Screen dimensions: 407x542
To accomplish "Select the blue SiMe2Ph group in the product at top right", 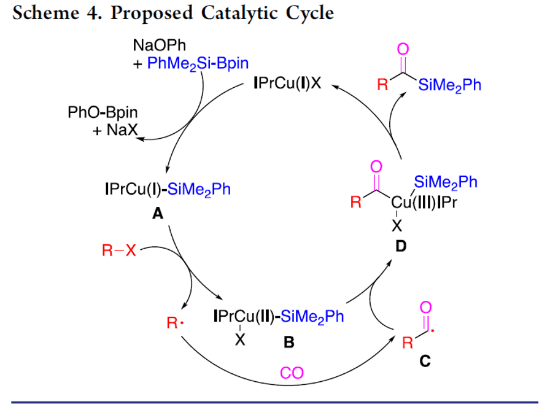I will pyautogui.click(x=449, y=85).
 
